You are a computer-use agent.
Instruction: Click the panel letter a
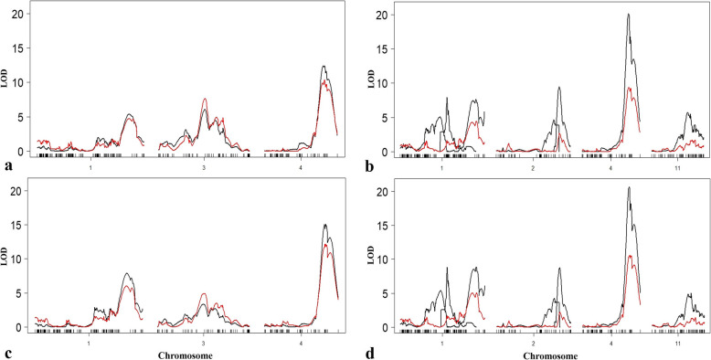(7, 167)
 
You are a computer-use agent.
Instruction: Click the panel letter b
(366, 168)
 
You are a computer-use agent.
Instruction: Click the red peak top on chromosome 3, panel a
(205, 99)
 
